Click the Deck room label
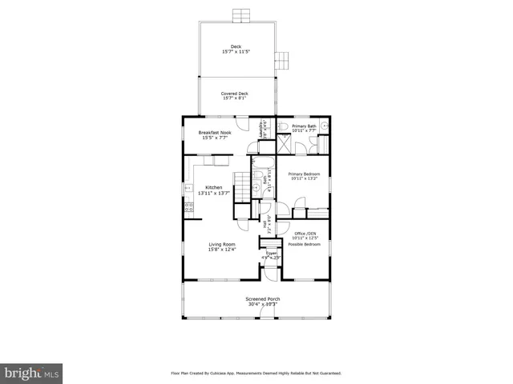[236, 46]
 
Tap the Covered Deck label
[234, 94]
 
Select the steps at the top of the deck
[237, 16]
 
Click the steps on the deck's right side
[281, 59]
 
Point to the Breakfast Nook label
[215, 132]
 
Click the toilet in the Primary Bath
[285, 126]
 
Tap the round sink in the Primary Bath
[325, 126]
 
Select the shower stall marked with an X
[284, 145]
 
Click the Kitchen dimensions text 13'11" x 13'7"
[214, 194]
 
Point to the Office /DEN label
[305, 233]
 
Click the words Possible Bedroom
[305, 244]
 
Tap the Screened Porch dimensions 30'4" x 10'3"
[262, 304]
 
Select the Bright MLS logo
[32, 373]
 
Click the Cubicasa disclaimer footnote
[256, 373]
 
